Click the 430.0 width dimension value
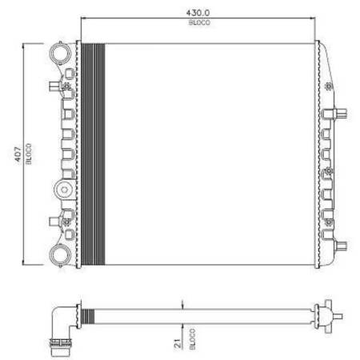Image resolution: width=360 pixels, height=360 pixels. coord(198,13)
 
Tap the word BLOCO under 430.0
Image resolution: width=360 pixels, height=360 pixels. coord(199,22)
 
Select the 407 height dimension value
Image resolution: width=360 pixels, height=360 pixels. coord(18,154)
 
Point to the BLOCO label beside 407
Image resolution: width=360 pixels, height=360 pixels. coord(29,154)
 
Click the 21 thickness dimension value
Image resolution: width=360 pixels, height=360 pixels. coord(178,343)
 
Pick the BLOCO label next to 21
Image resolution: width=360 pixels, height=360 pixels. coord(192,339)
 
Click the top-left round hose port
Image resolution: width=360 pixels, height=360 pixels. coord(61,53)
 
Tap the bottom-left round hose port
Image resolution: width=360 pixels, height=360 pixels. coord(61,255)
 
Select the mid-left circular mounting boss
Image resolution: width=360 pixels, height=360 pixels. coord(64,190)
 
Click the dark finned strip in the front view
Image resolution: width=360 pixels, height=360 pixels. coord(93,154)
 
